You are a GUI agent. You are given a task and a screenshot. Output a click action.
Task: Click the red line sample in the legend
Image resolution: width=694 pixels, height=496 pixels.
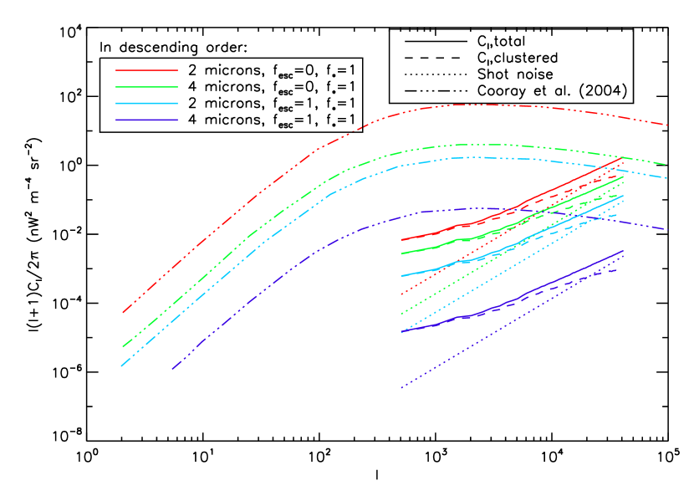pyautogui.click(x=146, y=70)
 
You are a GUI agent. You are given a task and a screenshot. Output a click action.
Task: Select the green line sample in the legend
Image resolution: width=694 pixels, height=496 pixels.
pyautogui.click(x=146, y=87)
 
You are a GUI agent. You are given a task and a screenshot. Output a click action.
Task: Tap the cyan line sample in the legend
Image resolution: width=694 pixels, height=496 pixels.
pyautogui.click(x=146, y=104)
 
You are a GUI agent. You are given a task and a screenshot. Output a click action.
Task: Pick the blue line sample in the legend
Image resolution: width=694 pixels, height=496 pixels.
pyautogui.click(x=146, y=120)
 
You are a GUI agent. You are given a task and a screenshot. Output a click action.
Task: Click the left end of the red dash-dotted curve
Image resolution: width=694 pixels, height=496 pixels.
pyautogui.click(x=123, y=312)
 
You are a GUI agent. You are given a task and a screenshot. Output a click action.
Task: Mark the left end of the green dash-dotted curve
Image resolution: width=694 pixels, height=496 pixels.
pyautogui.click(x=122, y=346)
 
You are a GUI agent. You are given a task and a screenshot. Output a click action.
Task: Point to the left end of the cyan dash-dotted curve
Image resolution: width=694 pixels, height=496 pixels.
pyautogui.click(x=121, y=366)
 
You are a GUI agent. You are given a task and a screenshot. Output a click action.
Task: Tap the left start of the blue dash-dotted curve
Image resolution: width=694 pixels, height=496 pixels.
pyautogui.click(x=172, y=368)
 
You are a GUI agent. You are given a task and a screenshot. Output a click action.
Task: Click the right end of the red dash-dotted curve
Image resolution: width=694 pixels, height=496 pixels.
pyautogui.click(x=667, y=125)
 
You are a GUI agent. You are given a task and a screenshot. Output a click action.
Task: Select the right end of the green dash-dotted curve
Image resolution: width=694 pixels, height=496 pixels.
pyautogui.click(x=667, y=165)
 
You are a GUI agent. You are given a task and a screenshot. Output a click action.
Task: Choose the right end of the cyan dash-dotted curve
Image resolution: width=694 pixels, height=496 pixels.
pyautogui.click(x=667, y=178)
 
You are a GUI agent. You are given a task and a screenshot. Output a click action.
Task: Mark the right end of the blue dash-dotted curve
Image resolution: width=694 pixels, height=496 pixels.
pyautogui.click(x=667, y=229)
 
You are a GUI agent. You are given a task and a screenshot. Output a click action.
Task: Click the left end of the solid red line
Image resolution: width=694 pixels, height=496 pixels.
pyautogui.click(x=401, y=240)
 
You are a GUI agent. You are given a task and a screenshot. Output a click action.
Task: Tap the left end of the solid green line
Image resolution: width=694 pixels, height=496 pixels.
pyautogui.click(x=401, y=253)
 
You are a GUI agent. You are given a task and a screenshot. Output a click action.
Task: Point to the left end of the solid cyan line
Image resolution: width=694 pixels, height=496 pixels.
pyautogui.click(x=401, y=276)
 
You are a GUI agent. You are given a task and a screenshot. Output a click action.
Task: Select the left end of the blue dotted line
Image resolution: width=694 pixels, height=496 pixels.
pyautogui.click(x=401, y=388)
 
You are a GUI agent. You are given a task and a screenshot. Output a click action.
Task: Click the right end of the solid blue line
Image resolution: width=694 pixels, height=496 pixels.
pyautogui.click(x=624, y=250)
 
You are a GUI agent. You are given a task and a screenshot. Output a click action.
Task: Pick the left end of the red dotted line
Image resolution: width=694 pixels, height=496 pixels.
pyautogui.click(x=401, y=294)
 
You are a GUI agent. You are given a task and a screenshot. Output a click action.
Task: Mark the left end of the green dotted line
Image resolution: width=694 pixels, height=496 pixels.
pyautogui.click(x=401, y=314)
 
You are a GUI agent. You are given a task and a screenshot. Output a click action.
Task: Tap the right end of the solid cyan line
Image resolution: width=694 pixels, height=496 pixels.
pyautogui.click(x=624, y=196)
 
